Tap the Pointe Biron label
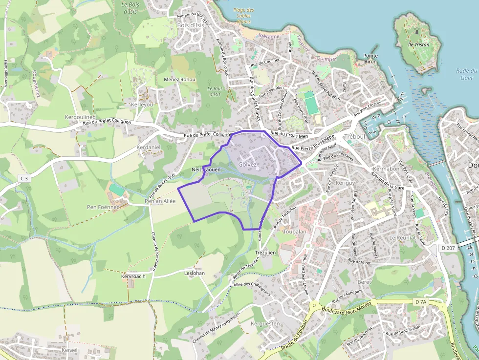[x=370, y=59]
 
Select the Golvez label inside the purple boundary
[x=247, y=165]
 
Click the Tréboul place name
[x=355, y=136]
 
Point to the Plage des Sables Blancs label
[x=243, y=16]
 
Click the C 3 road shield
[x=25, y=179]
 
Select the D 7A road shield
[x=421, y=302]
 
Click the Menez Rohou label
[x=179, y=80]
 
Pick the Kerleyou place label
[x=142, y=105]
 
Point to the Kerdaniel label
[x=149, y=147]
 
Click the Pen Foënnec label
[x=103, y=207]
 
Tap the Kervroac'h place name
[x=133, y=276]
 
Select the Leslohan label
[x=195, y=274]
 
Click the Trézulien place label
[x=266, y=252]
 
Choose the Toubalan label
[x=295, y=232]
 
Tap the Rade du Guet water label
[x=467, y=74]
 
